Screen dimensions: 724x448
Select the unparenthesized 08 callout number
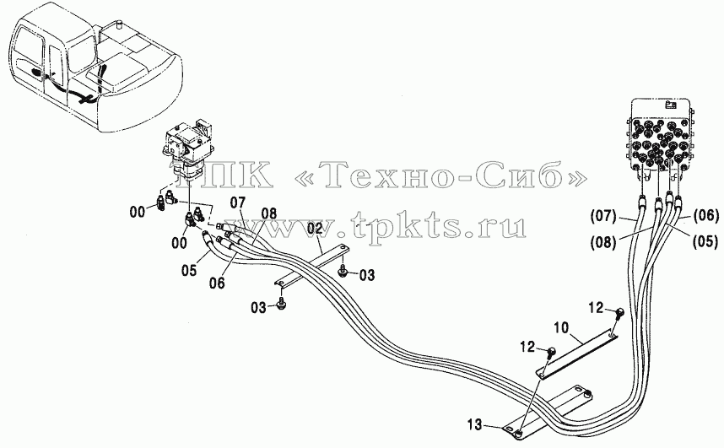click(268, 213)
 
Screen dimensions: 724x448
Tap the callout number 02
click(315, 228)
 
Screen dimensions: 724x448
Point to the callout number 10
click(562, 328)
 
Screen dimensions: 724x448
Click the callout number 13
click(474, 424)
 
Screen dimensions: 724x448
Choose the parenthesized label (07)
click(603, 216)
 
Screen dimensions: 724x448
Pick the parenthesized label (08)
click(603, 242)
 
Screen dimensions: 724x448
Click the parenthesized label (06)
click(706, 215)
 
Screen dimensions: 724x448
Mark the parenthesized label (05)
click(705, 241)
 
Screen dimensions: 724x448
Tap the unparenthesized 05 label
click(189, 270)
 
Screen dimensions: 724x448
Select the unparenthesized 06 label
click(217, 283)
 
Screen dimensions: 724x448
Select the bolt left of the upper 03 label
click(343, 271)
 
